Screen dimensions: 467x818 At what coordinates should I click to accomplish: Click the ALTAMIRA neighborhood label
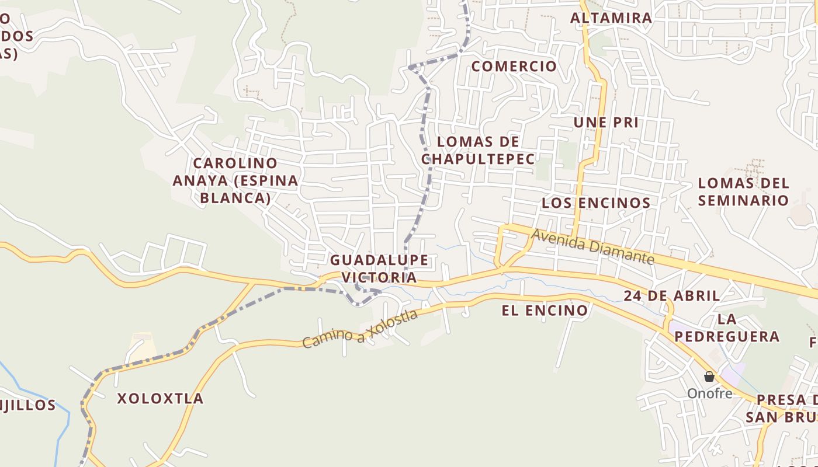611,18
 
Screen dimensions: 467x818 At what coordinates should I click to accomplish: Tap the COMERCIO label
514,67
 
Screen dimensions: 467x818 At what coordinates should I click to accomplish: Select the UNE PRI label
606,123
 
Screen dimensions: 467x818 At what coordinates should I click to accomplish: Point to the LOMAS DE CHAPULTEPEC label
478,150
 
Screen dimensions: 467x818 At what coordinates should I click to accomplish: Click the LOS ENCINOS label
596,203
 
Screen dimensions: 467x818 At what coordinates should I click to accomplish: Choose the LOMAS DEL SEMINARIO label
743,191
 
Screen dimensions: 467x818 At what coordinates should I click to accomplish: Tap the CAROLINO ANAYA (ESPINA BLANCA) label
235,180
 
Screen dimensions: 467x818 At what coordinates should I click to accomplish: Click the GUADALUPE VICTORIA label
379,269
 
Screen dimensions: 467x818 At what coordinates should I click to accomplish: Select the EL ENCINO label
545,311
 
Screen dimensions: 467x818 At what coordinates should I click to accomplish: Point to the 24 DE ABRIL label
671,296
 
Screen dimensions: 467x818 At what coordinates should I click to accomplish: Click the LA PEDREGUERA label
727,327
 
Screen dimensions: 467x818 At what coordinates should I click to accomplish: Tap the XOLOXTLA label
160,399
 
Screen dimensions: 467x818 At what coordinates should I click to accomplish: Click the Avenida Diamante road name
592,247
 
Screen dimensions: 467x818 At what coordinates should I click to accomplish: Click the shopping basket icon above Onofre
709,377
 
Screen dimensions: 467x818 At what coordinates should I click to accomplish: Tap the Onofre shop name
709,393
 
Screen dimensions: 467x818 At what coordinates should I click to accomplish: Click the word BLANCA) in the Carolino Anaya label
235,198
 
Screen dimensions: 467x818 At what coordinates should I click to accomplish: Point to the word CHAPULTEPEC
478,159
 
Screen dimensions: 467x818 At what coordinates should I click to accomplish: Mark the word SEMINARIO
743,200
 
